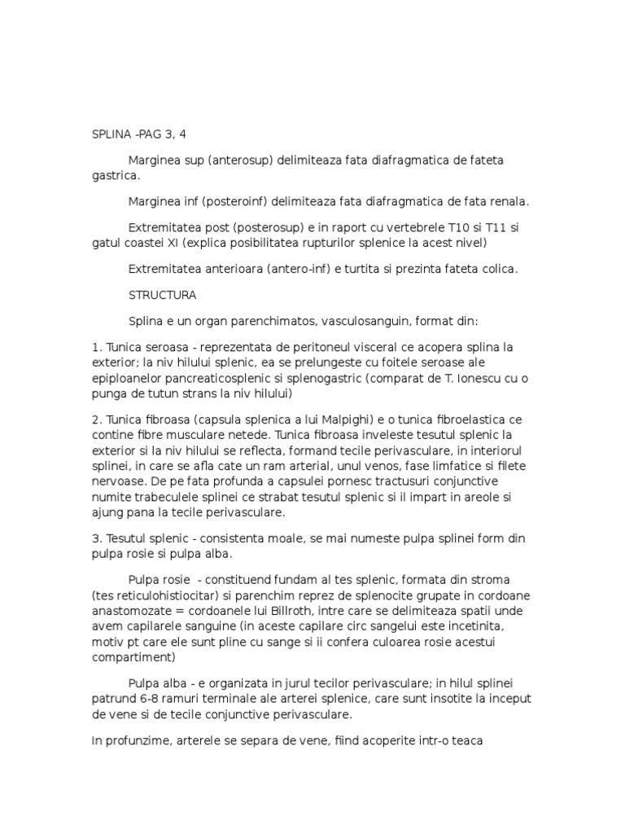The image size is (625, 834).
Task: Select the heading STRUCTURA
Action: (x=163, y=294)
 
